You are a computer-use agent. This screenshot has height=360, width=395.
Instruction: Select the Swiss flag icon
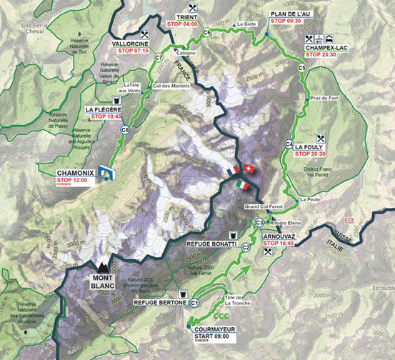click(x=248, y=168)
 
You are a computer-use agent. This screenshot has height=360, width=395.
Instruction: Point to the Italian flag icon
click(x=243, y=184)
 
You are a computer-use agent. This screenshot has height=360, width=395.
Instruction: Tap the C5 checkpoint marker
click(x=302, y=68)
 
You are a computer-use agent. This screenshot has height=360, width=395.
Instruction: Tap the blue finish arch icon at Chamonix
click(x=105, y=172)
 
